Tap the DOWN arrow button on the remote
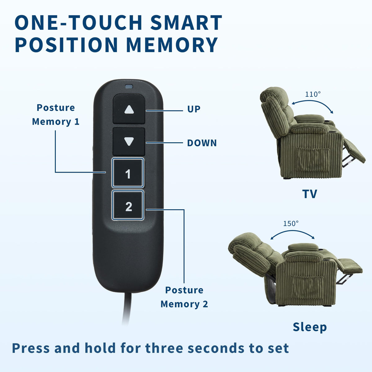tap(129, 142)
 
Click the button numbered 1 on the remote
tap(128, 173)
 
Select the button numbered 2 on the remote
tap(128, 205)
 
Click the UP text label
tap(194, 109)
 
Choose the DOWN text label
tap(202, 143)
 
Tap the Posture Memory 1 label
tap(56, 115)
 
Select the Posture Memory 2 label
tap(184, 297)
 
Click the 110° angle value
tap(313, 94)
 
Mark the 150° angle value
tap(291, 224)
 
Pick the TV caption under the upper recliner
tap(310, 194)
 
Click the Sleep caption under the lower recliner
tap(310, 327)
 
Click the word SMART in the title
tap(186, 22)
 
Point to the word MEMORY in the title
tap(172, 45)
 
